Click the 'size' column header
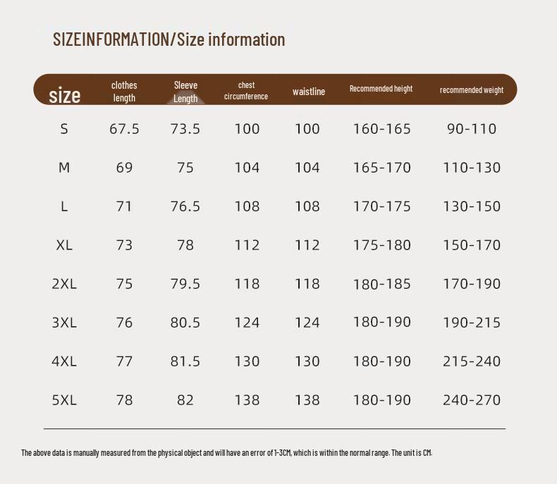point(65,95)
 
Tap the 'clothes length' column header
point(124,91)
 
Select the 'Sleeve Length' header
point(185,92)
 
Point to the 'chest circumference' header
point(246,90)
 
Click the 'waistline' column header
point(309,92)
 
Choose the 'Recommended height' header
point(381,88)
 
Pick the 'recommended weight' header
point(472,90)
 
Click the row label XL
point(64,245)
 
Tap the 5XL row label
point(64,400)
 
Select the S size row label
point(64,128)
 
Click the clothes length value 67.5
point(124,128)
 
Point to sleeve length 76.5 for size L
point(185,206)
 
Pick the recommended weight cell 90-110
point(472,128)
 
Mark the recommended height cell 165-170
point(382,168)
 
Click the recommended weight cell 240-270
point(472,400)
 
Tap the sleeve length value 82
point(185,400)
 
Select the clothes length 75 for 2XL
point(124,284)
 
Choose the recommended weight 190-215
point(472,323)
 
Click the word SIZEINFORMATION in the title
point(111,39)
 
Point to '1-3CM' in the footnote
point(283,453)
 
